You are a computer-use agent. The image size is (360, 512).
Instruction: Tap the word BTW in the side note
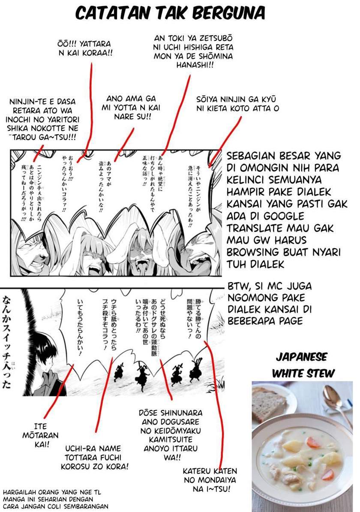[237, 286]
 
